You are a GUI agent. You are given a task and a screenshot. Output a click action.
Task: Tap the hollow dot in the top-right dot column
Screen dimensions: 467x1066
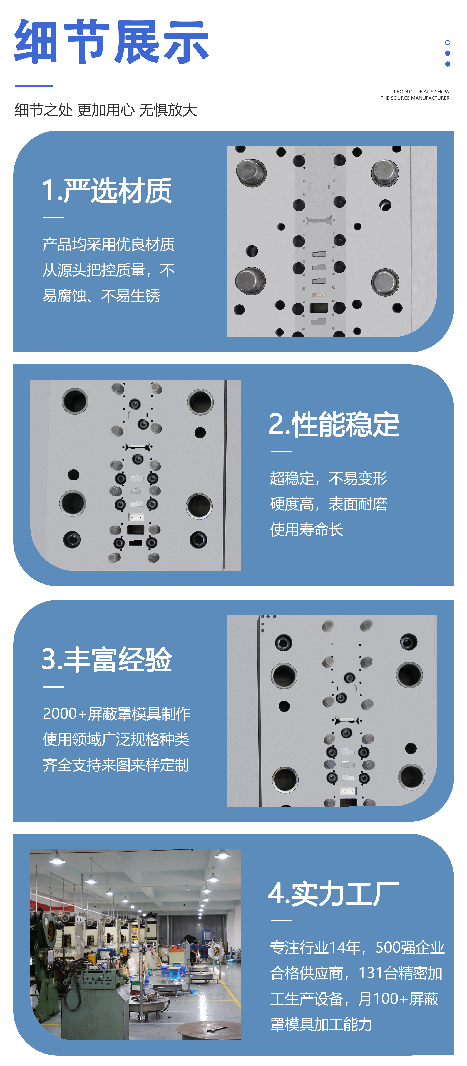448,43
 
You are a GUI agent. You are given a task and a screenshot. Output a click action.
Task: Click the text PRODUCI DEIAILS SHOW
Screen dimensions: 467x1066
421,91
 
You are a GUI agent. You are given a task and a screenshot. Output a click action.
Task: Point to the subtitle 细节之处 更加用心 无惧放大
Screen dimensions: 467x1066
106,110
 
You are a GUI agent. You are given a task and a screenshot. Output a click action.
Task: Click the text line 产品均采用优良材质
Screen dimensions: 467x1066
108,245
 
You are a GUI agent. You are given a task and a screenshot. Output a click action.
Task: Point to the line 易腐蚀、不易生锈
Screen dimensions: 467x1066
101,296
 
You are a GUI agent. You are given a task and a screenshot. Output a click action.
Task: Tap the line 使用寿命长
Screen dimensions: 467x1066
307,530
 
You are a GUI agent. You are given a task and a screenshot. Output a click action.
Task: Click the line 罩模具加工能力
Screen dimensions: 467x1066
321,1025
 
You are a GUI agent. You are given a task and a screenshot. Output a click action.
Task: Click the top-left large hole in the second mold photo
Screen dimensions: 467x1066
75,401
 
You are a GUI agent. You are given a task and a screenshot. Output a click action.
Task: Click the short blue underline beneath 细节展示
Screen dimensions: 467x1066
34,85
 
